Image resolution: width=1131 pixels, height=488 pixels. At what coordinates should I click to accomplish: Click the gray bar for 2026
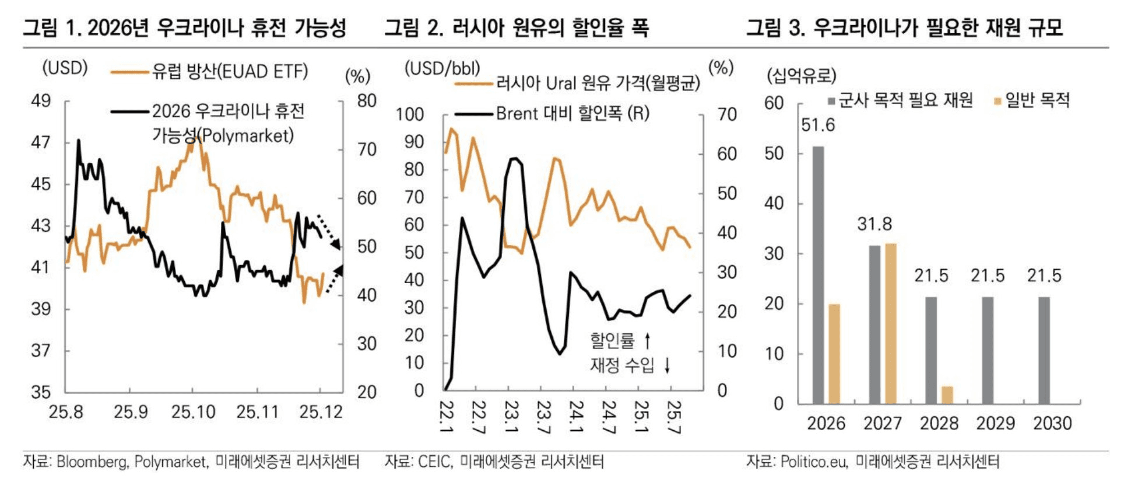tap(818, 274)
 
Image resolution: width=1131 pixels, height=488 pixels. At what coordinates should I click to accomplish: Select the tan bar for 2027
tap(890, 323)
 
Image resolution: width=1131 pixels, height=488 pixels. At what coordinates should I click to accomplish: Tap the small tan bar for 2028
tap(947, 395)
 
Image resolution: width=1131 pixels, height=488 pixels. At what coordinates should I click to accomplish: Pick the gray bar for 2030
tap(1044, 350)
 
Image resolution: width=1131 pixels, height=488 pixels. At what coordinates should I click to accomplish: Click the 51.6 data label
tap(818, 126)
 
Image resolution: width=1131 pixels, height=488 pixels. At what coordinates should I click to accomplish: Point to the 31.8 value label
tap(874, 224)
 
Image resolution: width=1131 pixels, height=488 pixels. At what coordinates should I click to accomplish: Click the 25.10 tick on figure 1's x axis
tap(193, 412)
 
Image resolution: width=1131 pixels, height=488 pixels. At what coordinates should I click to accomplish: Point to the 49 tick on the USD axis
tap(41, 101)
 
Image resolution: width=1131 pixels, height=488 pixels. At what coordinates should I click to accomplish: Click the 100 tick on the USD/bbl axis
tap(409, 114)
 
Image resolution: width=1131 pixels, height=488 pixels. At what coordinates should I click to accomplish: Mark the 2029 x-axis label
tap(996, 423)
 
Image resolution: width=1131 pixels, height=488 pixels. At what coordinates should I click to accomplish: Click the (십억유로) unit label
tap(802, 76)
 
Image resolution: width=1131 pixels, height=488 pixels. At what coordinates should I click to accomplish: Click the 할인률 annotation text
tap(612, 340)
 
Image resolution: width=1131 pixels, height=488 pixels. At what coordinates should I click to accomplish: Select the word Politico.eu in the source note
tap(813, 462)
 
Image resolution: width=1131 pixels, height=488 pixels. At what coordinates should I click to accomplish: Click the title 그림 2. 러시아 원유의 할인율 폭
tap(516, 27)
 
